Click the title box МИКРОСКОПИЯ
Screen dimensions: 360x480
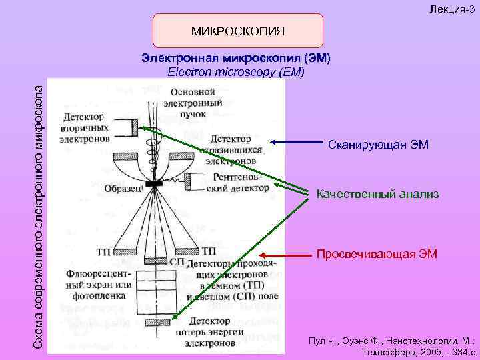click(x=238, y=31)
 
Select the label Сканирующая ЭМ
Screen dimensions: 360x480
click(x=378, y=145)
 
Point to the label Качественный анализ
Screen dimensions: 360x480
click(x=377, y=194)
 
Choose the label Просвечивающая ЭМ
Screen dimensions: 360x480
click(x=377, y=253)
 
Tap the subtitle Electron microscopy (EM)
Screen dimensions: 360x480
click(x=238, y=71)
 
